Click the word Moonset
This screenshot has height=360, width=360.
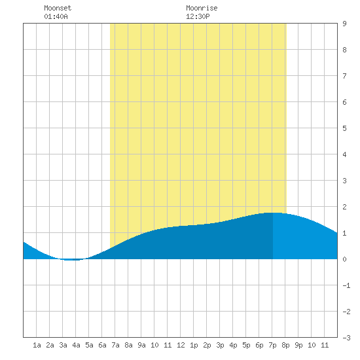[58, 8]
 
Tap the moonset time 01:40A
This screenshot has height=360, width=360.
[56, 16]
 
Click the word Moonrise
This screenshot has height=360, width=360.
[202, 8]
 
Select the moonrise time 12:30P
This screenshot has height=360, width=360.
[198, 16]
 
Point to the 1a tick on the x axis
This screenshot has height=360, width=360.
[37, 345]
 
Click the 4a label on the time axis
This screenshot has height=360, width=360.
[76, 345]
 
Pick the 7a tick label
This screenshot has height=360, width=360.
[115, 345]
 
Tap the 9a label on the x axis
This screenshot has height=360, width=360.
[141, 345]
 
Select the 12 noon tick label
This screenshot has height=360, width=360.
[181, 345]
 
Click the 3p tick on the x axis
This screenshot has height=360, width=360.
[220, 345]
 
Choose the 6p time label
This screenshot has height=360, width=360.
[259, 345]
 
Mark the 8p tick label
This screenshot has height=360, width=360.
[285, 345]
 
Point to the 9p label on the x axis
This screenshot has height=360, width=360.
[298, 345]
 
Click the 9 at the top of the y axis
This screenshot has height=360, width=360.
[344, 24]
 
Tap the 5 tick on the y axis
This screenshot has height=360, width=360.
[344, 128]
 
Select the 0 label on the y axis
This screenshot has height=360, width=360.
[344, 259]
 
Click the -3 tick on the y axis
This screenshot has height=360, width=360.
[346, 338]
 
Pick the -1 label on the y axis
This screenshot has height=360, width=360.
[346, 285]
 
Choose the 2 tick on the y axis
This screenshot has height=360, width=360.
[344, 207]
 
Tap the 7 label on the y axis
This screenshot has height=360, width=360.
[344, 76]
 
